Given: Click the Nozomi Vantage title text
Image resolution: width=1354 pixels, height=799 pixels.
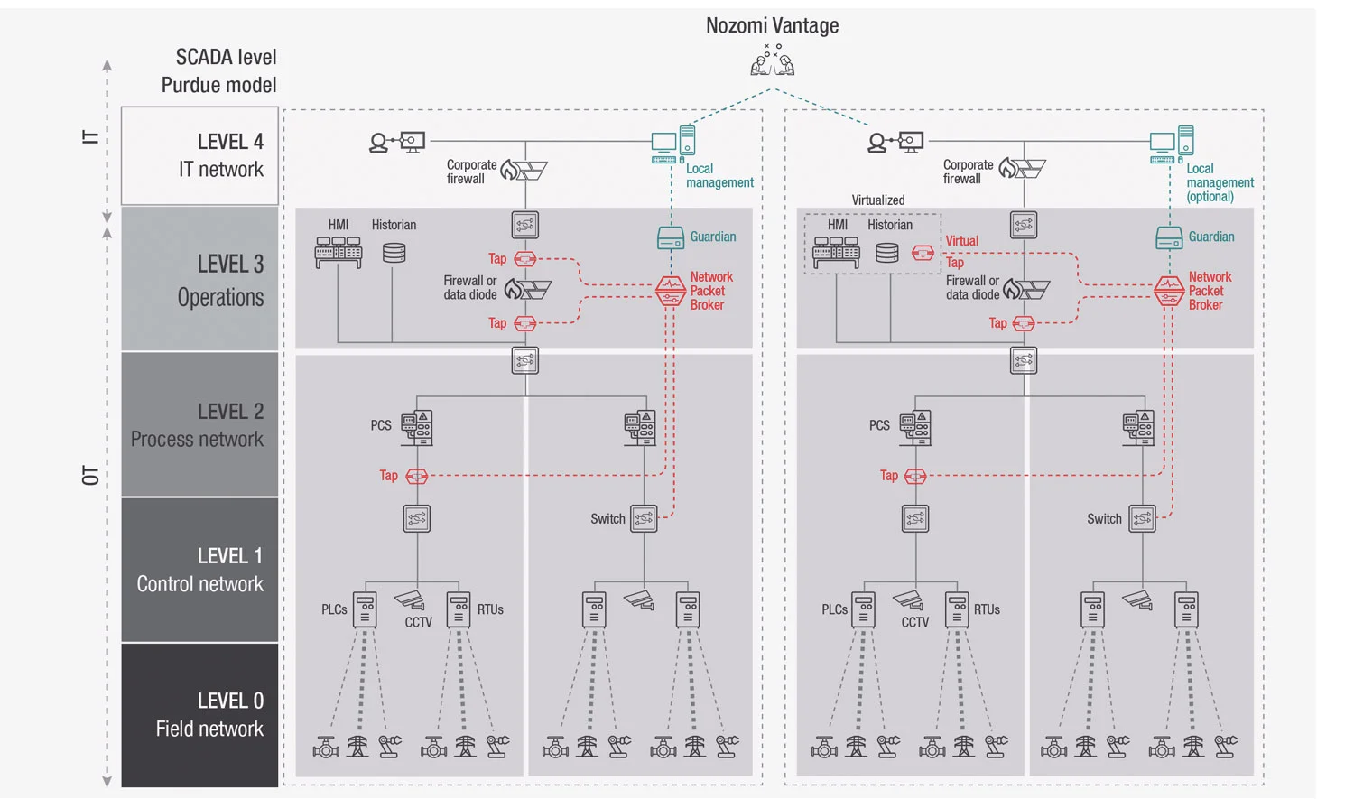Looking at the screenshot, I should click(x=772, y=25).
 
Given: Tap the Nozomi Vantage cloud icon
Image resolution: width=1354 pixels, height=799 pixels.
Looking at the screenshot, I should click(x=772, y=61).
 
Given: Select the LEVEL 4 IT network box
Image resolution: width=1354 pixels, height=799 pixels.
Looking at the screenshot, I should click(x=199, y=155).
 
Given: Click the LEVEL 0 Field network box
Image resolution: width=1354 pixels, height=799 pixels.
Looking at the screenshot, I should click(x=199, y=714).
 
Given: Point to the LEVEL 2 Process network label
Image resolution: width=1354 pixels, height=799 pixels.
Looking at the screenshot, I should click(x=198, y=425).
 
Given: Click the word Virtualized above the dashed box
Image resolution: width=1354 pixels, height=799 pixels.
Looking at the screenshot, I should click(x=877, y=200).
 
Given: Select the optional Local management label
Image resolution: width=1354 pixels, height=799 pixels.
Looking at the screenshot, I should click(x=1219, y=182).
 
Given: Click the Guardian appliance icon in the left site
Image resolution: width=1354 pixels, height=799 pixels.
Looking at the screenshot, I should click(x=671, y=238).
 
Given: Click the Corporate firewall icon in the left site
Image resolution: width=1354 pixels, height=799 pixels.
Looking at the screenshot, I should click(x=524, y=169).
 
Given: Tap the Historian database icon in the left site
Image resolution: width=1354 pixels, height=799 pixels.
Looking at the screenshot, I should click(x=394, y=253).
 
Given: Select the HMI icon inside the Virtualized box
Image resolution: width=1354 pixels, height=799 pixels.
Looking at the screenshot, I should click(x=836, y=253).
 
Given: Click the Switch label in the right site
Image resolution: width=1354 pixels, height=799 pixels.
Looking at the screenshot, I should click(x=1103, y=519).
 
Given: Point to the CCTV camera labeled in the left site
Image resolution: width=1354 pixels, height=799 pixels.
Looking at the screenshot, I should click(x=410, y=600).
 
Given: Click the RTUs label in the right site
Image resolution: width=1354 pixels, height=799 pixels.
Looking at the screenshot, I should click(x=987, y=609).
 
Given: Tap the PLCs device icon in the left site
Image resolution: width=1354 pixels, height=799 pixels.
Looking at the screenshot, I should click(x=365, y=609).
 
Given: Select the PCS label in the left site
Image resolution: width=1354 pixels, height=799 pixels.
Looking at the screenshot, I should click(x=381, y=425).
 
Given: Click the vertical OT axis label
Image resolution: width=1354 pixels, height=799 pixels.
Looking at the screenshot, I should click(x=90, y=476).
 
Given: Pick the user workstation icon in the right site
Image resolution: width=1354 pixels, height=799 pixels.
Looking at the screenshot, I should click(x=896, y=142).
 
